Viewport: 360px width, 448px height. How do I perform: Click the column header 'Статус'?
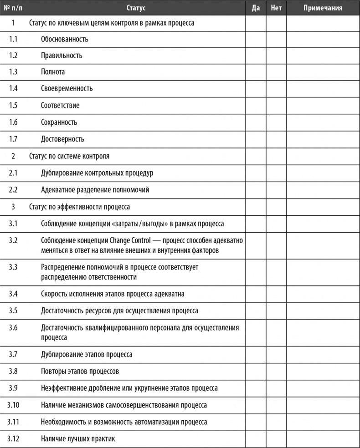click(x=136, y=8)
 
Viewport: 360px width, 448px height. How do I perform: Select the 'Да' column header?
click(x=256, y=8)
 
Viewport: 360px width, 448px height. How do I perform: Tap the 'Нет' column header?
click(x=276, y=8)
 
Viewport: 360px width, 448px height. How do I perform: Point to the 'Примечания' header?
click(x=323, y=8)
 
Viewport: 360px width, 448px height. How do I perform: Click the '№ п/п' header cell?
click(x=13, y=8)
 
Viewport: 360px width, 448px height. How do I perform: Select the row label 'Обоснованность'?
click(x=65, y=39)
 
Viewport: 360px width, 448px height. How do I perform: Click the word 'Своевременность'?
click(x=67, y=88)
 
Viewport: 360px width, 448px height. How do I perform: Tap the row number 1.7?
click(x=13, y=139)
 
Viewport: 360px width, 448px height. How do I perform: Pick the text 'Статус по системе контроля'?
click(x=69, y=156)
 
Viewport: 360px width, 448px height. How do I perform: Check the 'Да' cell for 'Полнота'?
click(x=256, y=72)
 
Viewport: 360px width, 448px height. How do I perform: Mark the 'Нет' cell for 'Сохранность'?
click(x=276, y=122)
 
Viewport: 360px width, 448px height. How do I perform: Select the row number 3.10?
click(x=13, y=405)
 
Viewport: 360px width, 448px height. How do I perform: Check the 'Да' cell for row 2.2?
click(x=256, y=189)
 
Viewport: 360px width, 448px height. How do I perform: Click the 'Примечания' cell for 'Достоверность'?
click(x=323, y=139)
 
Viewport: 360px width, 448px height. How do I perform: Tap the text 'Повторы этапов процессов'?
click(x=80, y=371)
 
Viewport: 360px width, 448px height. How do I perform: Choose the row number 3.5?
click(x=13, y=311)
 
